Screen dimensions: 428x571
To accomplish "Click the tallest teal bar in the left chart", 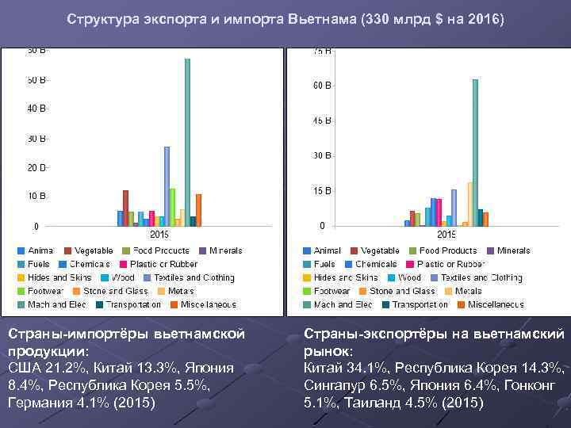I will (x=187, y=143).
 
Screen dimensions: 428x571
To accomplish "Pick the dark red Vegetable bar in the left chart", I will (x=125, y=208).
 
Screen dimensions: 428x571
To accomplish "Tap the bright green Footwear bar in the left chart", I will (x=172, y=207).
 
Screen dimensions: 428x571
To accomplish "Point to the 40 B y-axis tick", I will (x=37, y=109).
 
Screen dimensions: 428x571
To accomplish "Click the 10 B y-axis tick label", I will (x=37, y=196).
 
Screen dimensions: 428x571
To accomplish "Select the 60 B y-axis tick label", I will (x=321, y=85).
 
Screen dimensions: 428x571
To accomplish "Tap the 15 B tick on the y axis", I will (x=321, y=191).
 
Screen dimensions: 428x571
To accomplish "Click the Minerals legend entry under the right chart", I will (x=508, y=250).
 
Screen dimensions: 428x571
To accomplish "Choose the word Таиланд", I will (x=372, y=403).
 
